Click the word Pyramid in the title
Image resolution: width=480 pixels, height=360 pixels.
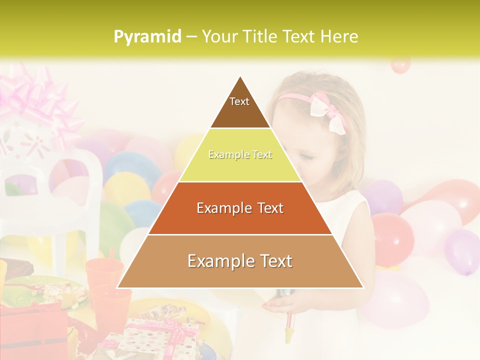click(147, 37)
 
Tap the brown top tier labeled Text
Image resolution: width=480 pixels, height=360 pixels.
click(240, 105)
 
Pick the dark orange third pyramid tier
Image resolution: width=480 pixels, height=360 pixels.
click(240, 208)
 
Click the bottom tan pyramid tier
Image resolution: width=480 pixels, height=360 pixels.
click(240, 261)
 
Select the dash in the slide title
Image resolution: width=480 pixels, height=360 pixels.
click(191, 37)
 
